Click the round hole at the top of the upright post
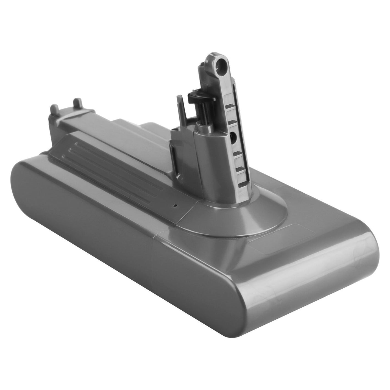[223, 65]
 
